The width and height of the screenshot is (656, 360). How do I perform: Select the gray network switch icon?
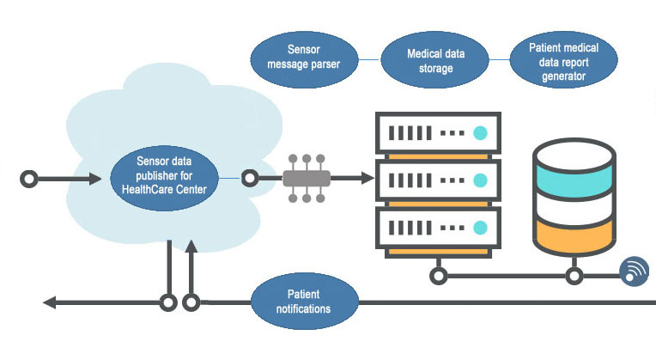pos(307,179)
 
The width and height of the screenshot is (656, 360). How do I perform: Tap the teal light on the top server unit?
pos(482,133)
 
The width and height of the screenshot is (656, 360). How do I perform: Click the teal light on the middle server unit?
pos(482,180)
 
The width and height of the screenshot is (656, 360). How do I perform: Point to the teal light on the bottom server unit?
pos(482,228)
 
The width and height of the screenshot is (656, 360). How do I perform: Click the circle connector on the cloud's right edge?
pos(250,179)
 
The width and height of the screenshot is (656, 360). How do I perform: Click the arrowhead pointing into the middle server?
pos(367,179)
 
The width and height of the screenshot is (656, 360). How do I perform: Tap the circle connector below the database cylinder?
pos(574,277)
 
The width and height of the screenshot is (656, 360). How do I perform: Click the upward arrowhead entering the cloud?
pos(191,247)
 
